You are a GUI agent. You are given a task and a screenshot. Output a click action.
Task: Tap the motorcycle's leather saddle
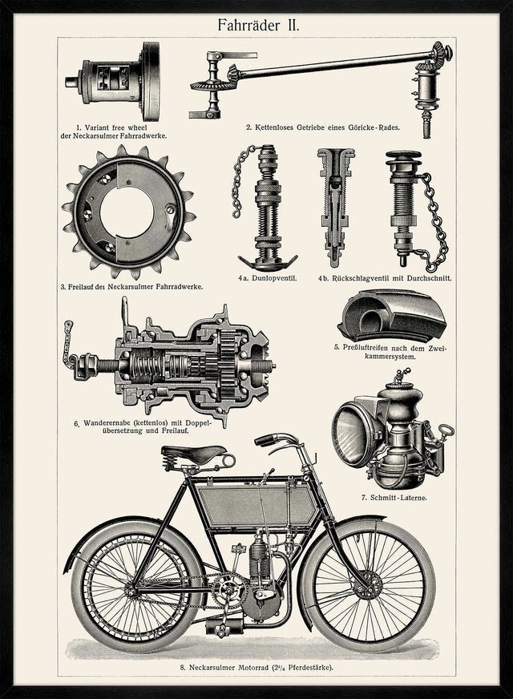click(192, 455)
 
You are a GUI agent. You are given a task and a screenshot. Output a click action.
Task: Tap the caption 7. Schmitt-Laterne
click(394, 498)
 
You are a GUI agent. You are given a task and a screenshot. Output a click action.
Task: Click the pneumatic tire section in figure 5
click(392, 317)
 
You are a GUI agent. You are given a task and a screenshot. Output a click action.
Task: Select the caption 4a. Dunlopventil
click(267, 278)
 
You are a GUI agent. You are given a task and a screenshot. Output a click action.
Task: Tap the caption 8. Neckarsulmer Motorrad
click(256, 666)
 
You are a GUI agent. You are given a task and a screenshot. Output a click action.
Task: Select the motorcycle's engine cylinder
click(259, 565)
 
